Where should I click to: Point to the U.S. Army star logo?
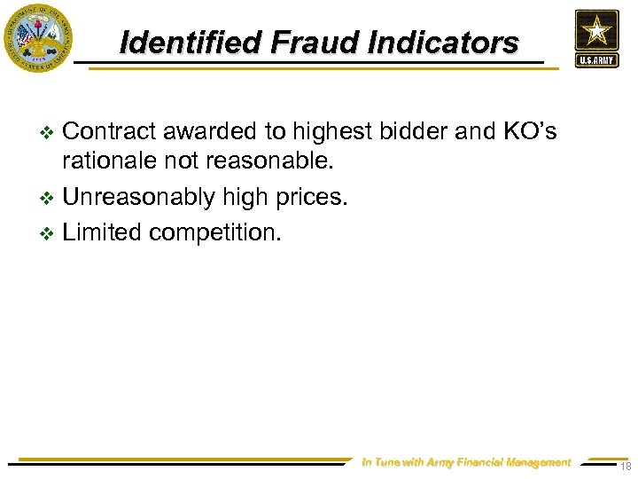(x=596, y=37)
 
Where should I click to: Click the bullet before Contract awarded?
(x=49, y=133)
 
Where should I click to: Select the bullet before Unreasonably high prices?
(x=49, y=198)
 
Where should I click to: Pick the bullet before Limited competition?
(x=49, y=233)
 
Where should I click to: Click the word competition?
(x=215, y=232)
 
